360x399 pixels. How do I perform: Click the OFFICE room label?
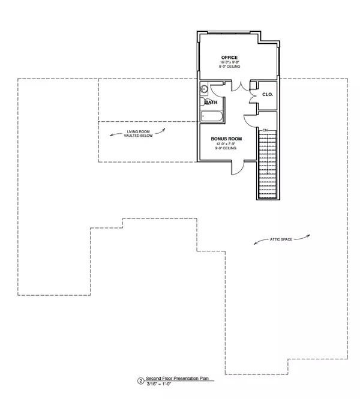[229, 58]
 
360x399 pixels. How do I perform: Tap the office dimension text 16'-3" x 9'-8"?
[229, 62]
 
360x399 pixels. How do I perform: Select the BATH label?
[211, 102]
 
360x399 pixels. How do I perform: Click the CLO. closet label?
[268, 94]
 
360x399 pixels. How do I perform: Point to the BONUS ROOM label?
[226, 139]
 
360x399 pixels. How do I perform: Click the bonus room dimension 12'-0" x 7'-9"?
[226, 143]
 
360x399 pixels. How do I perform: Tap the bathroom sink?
[204, 89]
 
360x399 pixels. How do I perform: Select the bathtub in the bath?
[212, 116]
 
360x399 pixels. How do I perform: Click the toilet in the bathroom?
[205, 102]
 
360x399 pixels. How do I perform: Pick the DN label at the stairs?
[264, 130]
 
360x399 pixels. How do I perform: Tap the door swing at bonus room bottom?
[237, 167]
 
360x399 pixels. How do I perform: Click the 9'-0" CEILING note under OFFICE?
[229, 67]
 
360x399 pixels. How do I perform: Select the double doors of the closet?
[254, 95]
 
